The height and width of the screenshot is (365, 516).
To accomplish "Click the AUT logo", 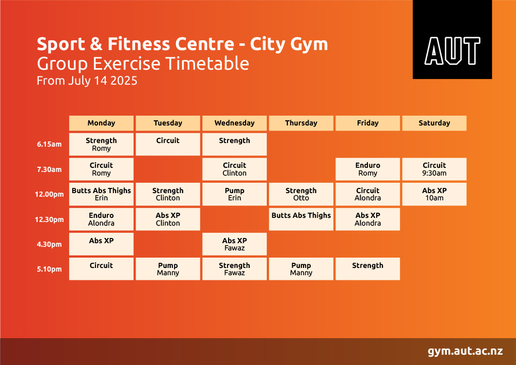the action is (452, 40).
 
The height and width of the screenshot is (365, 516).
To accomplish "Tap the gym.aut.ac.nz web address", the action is (465, 351).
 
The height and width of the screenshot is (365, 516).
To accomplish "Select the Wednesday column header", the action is (234, 123).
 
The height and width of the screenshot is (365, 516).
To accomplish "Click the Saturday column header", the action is (434, 123).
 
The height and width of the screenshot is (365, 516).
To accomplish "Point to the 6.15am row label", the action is (49, 144).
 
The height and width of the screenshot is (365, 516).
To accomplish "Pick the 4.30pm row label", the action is (49, 244).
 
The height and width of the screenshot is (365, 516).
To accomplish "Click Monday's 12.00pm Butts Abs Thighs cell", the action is (101, 194).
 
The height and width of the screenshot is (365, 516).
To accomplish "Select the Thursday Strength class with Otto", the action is (301, 194).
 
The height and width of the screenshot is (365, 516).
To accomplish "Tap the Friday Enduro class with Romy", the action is (367, 169).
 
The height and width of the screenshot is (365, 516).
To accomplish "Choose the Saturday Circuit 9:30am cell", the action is (434, 169).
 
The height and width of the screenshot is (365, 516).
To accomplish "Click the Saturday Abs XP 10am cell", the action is (434, 194).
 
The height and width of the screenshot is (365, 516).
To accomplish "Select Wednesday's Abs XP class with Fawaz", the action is (234, 244).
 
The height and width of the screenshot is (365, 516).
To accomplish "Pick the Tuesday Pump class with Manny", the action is (168, 269).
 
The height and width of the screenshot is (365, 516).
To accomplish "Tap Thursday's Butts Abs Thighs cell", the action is (301, 219).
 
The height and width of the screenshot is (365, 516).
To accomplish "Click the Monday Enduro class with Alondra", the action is (101, 219).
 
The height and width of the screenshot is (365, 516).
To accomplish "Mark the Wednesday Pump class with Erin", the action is (234, 194).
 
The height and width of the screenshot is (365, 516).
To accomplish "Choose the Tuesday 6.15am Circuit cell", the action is (168, 144).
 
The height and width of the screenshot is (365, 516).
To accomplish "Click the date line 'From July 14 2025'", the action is (87, 81).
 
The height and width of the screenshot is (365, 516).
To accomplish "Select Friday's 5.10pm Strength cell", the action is (367, 269).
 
